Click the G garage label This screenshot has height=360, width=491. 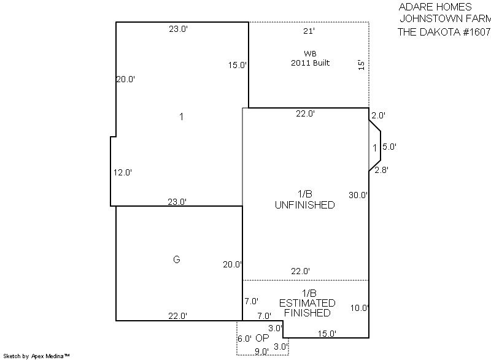177,259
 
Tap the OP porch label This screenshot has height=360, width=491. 262,338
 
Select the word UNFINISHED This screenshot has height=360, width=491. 304,205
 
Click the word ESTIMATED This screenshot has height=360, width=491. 307,303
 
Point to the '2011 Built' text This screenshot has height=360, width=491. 311,63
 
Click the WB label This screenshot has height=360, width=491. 310,53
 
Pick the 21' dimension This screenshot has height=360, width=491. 309,31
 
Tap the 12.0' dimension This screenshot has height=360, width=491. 122,172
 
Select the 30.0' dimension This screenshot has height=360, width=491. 358,195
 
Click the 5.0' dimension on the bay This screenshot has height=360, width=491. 390,147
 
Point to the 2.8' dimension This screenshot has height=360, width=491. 381,170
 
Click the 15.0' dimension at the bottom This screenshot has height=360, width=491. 327,334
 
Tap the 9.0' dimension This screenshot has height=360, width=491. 261,351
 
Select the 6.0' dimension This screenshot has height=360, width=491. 244,339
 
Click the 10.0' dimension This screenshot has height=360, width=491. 360,308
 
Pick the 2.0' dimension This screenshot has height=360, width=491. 378,115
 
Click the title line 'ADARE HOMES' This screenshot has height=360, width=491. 435,7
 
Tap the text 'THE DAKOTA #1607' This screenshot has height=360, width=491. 444,32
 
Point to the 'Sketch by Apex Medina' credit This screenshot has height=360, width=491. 37,356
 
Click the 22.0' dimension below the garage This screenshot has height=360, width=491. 177,316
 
